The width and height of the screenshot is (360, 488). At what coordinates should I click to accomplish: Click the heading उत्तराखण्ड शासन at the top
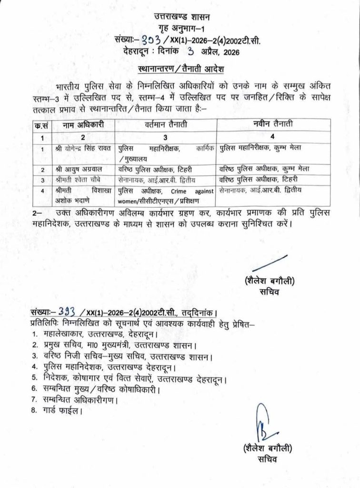point(180,18)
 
